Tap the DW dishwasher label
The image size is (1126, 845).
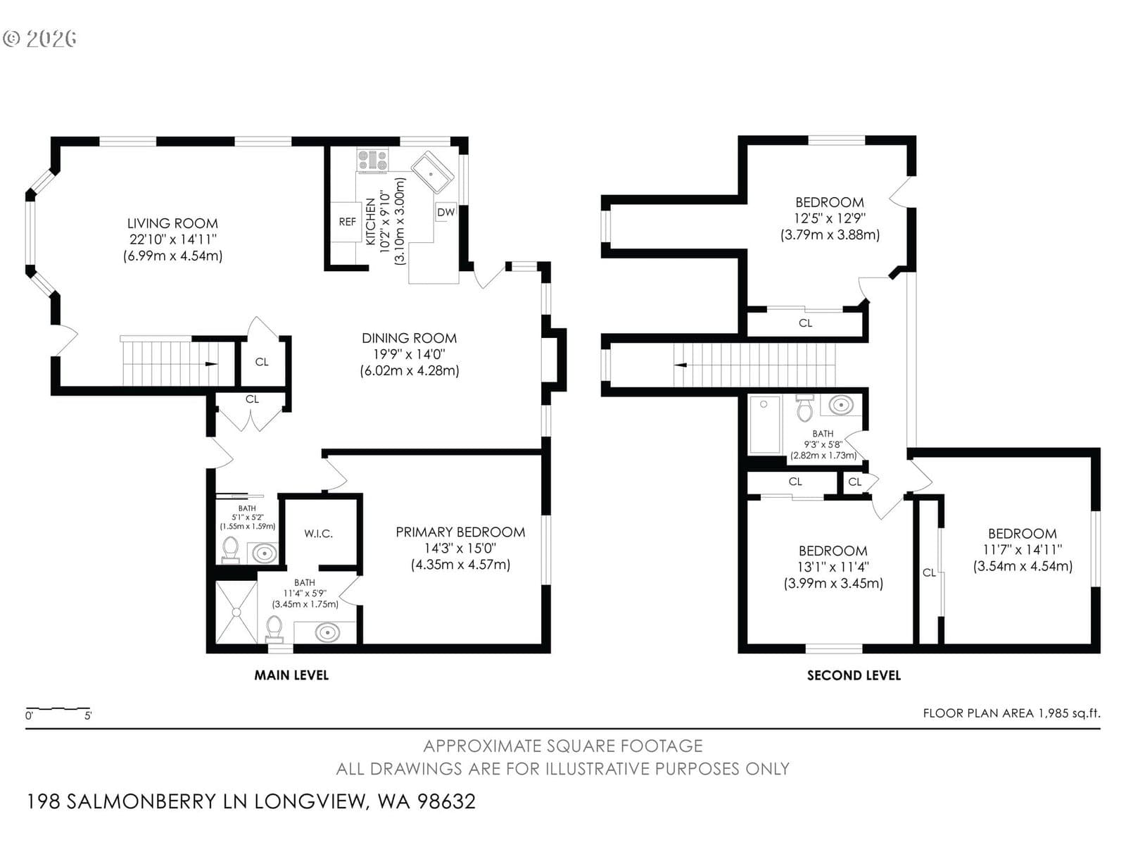[x=445, y=212]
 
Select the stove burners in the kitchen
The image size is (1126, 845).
[x=373, y=160]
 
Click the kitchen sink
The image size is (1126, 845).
[x=432, y=172]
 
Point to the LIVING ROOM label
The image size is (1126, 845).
[x=172, y=223]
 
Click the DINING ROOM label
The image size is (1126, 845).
[x=409, y=338]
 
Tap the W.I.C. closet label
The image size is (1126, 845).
[x=318, y=534]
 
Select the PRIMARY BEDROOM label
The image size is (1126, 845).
[x=460, y=532]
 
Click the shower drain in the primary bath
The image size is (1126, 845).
[x=236, y=612]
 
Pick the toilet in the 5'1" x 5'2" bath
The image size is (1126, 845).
[x=230, y=550]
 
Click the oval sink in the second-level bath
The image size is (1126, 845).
[x=840, y=406]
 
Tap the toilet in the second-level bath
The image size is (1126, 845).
[x=805, y=408]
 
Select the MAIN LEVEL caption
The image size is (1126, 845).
[x=291, y=675]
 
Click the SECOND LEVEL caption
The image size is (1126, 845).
[x=854, y=675]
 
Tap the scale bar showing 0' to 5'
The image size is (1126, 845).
[x=58, y=710]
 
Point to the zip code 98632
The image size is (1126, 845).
[x=446, y=801]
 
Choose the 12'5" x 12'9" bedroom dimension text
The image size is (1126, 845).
[x=830, y=218]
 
